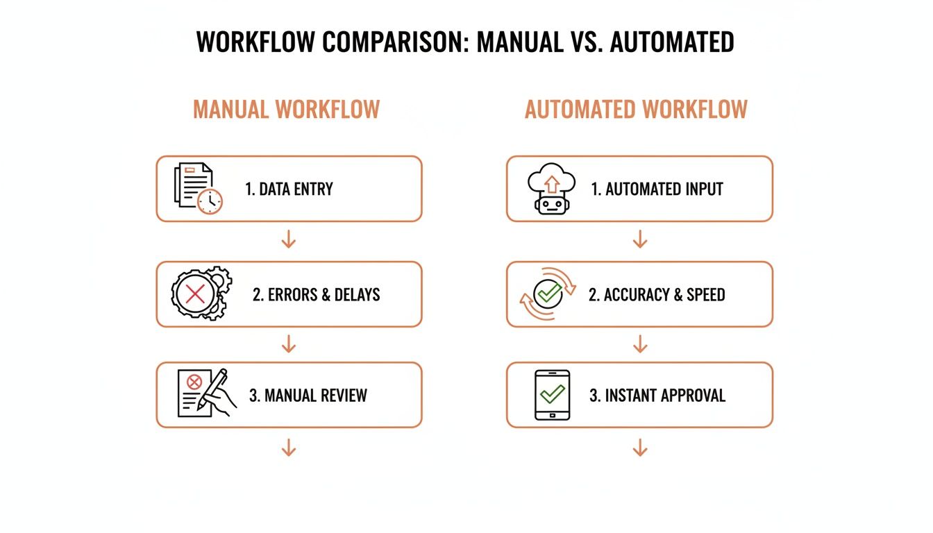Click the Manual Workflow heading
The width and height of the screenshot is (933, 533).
[286, 110]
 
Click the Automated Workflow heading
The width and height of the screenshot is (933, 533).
[636, 110]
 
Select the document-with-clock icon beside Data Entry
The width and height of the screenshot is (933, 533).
[198, 188]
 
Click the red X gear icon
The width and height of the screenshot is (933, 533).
[197, 294]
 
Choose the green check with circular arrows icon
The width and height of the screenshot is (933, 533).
[548, 294]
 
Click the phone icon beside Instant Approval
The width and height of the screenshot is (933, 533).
[552, 395]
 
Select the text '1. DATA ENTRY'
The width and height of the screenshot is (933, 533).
[289, 189]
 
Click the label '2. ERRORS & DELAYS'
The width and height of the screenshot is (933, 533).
[316, 294]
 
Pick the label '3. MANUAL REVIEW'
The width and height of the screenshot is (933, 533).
[308, 396]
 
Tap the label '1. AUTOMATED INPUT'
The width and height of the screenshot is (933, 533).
[657, 189]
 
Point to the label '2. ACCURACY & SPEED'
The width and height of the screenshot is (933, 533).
[657, 294]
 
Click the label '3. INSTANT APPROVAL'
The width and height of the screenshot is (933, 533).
[657, 396]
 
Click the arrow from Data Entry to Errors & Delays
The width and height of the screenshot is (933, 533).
[289, 241]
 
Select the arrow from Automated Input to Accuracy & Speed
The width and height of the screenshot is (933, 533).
[640, 241]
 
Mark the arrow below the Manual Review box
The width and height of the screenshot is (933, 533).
[289, 449]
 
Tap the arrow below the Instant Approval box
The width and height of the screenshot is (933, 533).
[640, 449]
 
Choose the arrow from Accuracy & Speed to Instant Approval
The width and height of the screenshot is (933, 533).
[640, 344]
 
